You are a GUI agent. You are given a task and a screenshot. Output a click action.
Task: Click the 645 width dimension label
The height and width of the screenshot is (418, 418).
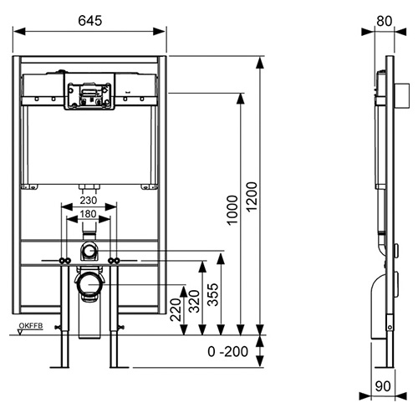90,21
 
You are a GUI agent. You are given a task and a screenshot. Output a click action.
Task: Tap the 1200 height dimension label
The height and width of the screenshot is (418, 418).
252,196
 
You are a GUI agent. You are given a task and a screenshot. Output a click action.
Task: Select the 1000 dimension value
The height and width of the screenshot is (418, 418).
232,210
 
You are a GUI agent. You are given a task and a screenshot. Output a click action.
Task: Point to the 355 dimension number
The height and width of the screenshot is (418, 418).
213,294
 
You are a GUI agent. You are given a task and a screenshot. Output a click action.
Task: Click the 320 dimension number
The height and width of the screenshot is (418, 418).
194,301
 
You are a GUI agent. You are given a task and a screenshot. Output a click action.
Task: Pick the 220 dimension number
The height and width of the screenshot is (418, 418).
176,309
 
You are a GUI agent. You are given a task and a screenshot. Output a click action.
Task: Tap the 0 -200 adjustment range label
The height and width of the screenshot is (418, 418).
227,351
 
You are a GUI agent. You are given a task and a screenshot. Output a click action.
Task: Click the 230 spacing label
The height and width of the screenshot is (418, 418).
89,200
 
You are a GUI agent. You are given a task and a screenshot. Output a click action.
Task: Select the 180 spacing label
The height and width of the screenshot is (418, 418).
88,214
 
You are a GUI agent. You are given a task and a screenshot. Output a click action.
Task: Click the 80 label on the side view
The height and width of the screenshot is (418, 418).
385,21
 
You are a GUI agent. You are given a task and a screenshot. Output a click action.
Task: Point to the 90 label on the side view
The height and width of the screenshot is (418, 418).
383,386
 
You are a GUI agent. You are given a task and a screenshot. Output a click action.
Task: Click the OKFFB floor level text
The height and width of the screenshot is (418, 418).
31,325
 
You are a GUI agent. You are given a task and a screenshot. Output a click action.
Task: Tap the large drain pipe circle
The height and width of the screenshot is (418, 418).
89,285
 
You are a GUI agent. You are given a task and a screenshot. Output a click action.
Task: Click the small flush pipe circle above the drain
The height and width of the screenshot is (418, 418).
89,251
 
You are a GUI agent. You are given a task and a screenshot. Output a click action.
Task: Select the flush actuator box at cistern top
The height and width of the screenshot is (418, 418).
89,91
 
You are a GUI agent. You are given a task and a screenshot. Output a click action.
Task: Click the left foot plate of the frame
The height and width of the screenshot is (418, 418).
59,367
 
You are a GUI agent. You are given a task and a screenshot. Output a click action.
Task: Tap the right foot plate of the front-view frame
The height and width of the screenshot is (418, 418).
119,367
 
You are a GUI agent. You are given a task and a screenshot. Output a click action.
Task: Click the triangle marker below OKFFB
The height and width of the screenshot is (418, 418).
20,332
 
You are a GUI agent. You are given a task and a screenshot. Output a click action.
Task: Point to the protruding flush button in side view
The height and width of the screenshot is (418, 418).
402,95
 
